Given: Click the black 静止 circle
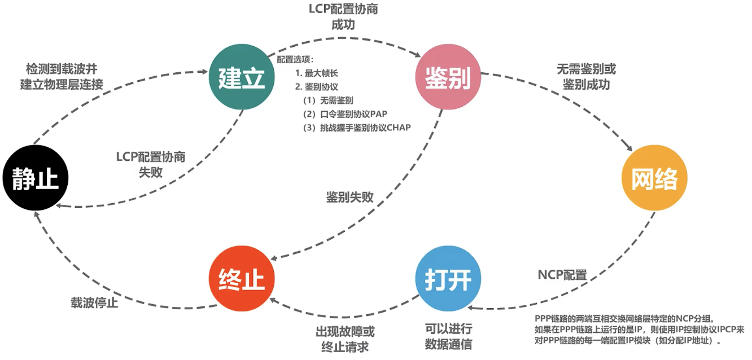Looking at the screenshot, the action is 36,178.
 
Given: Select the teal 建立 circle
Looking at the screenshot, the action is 242,77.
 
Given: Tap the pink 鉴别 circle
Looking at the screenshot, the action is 448,77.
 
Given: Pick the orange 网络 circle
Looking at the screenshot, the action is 655,178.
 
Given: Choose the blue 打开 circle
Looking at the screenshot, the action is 448,279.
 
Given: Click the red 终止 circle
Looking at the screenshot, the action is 242,279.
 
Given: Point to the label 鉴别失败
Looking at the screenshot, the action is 350,197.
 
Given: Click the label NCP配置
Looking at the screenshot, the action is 562,275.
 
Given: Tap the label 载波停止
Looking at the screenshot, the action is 94,302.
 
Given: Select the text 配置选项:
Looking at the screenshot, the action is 295,59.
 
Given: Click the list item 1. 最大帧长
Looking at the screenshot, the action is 317,73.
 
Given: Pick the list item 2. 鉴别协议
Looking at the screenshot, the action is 317,87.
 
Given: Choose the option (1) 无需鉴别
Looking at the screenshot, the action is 328,100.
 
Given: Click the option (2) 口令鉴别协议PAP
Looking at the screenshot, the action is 345,114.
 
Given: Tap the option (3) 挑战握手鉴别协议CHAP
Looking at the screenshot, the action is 357,128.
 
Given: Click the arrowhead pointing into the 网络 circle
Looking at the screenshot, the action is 629,148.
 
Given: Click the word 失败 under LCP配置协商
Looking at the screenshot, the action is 151,173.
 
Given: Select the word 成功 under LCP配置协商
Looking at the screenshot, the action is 343,25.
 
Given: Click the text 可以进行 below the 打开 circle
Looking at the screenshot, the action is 448,329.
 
